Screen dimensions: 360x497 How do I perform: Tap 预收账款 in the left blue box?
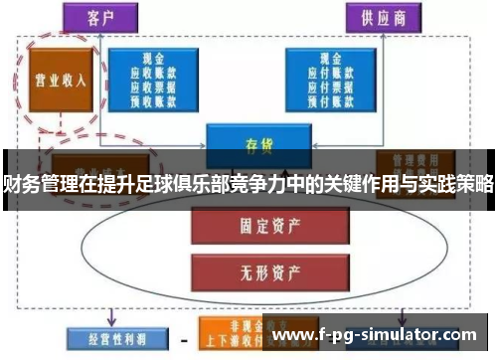(x=154, y=100)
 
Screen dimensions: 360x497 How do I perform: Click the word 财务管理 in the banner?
(x=40, y=183)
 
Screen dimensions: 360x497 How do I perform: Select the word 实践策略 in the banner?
(x=455, y=183)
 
